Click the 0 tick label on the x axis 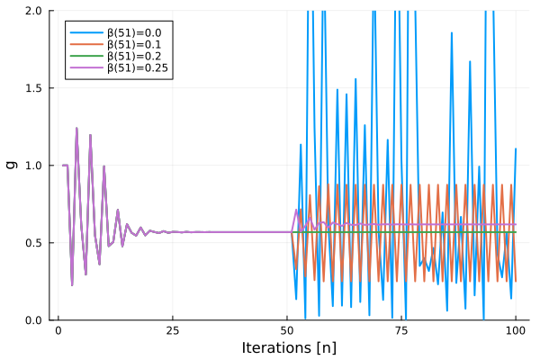58,331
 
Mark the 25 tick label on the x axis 173,331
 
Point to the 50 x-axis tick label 287,331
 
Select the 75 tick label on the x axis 401,331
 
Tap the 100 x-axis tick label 516,331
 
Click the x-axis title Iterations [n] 287,348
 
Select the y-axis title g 12,165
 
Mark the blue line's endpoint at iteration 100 516,149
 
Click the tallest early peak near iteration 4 76,128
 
